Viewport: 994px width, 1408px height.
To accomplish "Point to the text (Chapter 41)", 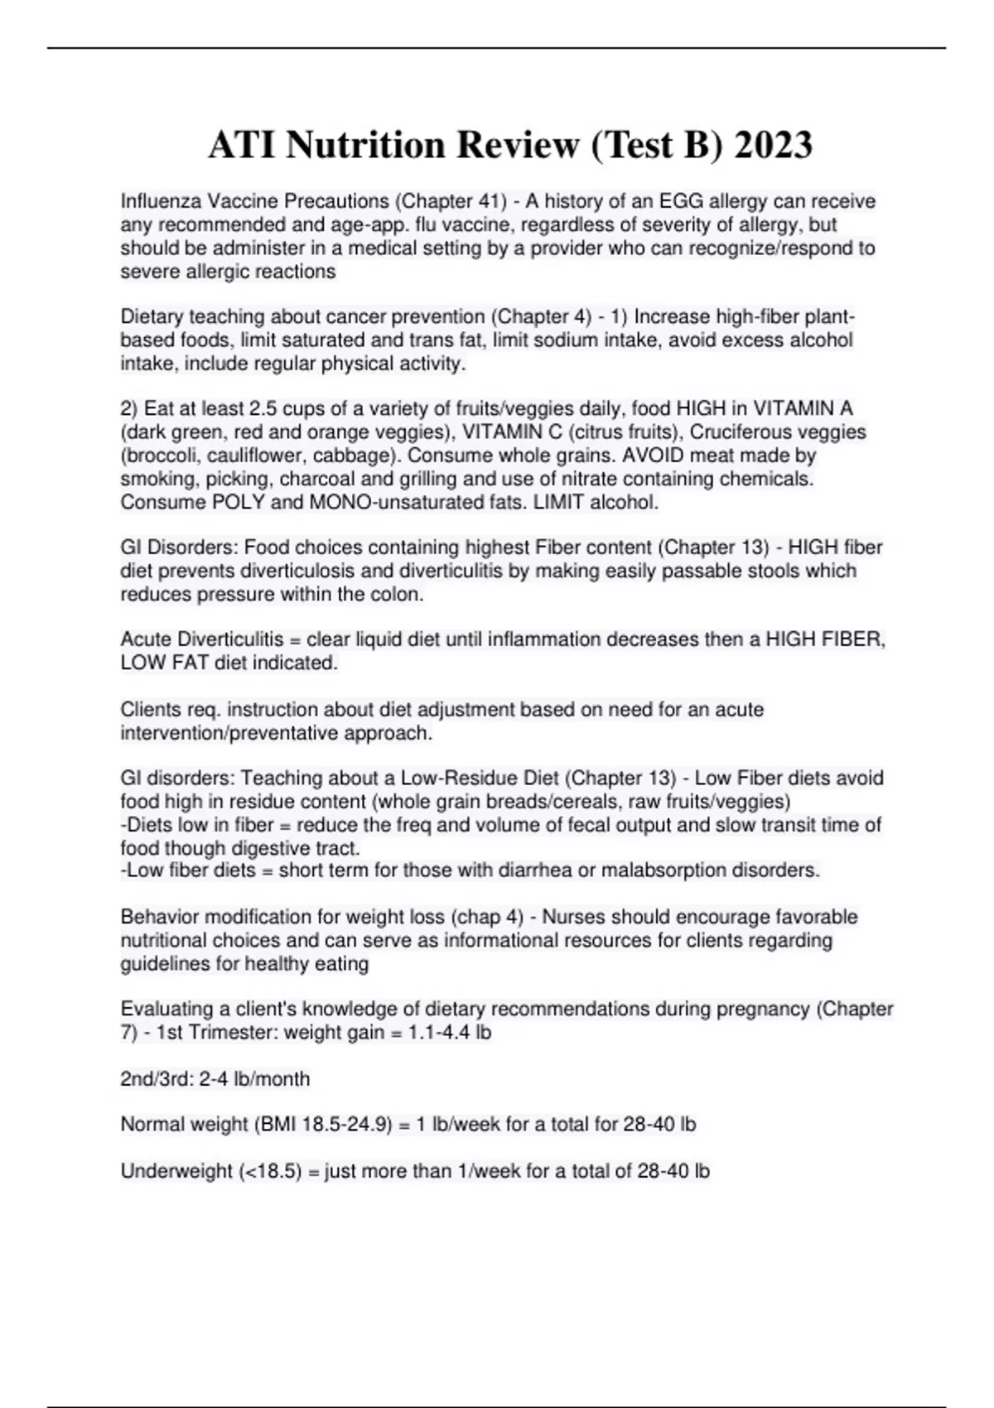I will pos(451,201).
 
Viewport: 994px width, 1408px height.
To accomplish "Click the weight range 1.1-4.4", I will pos(440,1033).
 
